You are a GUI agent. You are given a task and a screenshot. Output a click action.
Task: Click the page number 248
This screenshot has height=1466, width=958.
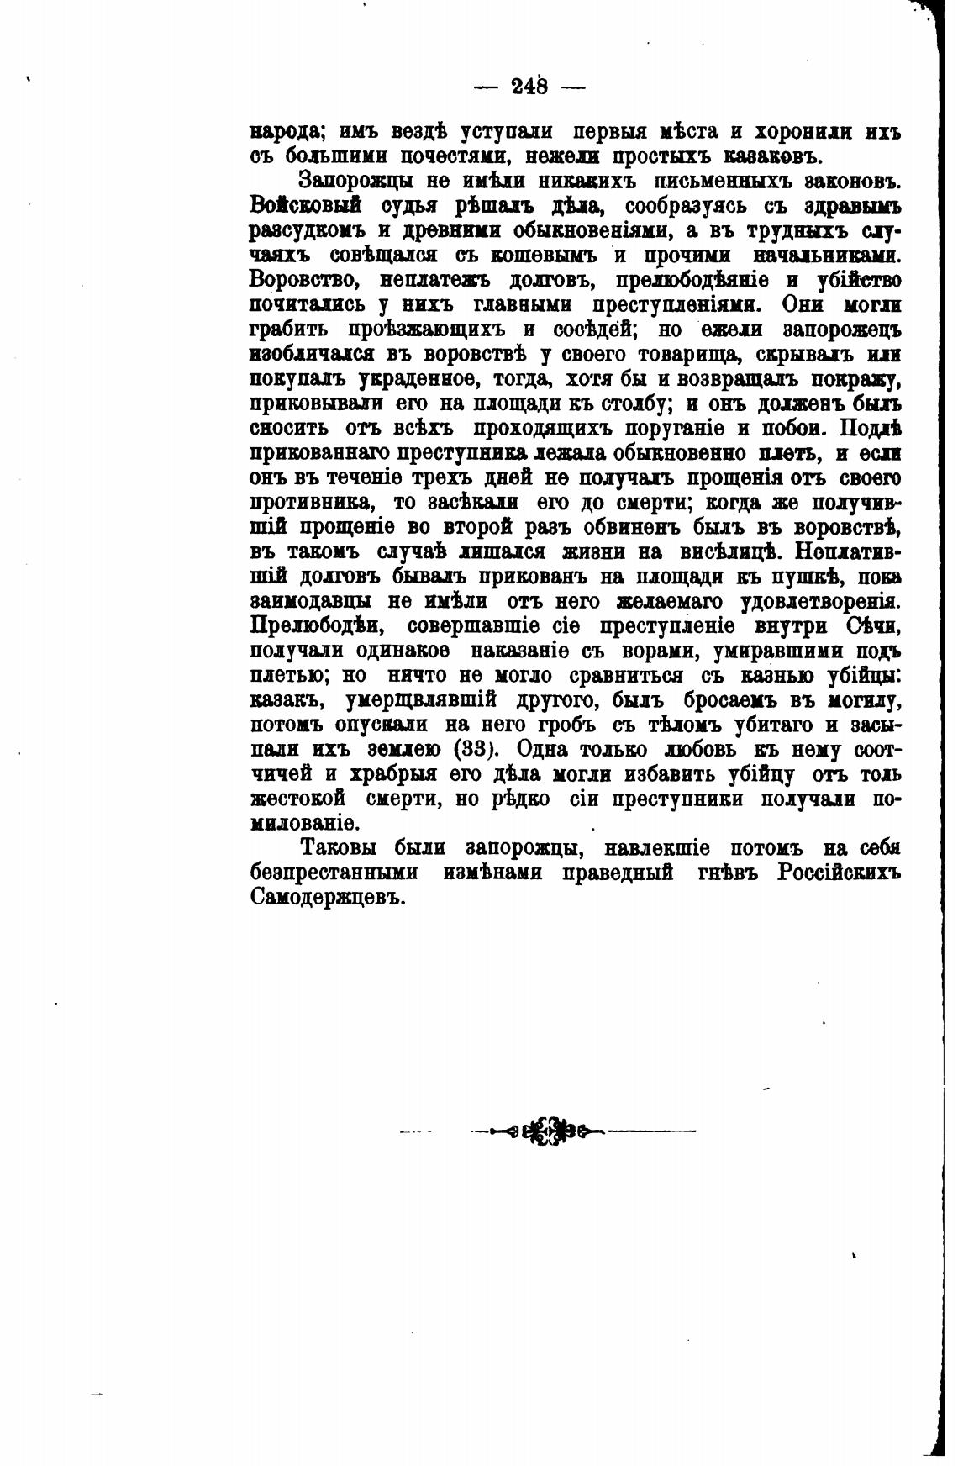tap(529, 86)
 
